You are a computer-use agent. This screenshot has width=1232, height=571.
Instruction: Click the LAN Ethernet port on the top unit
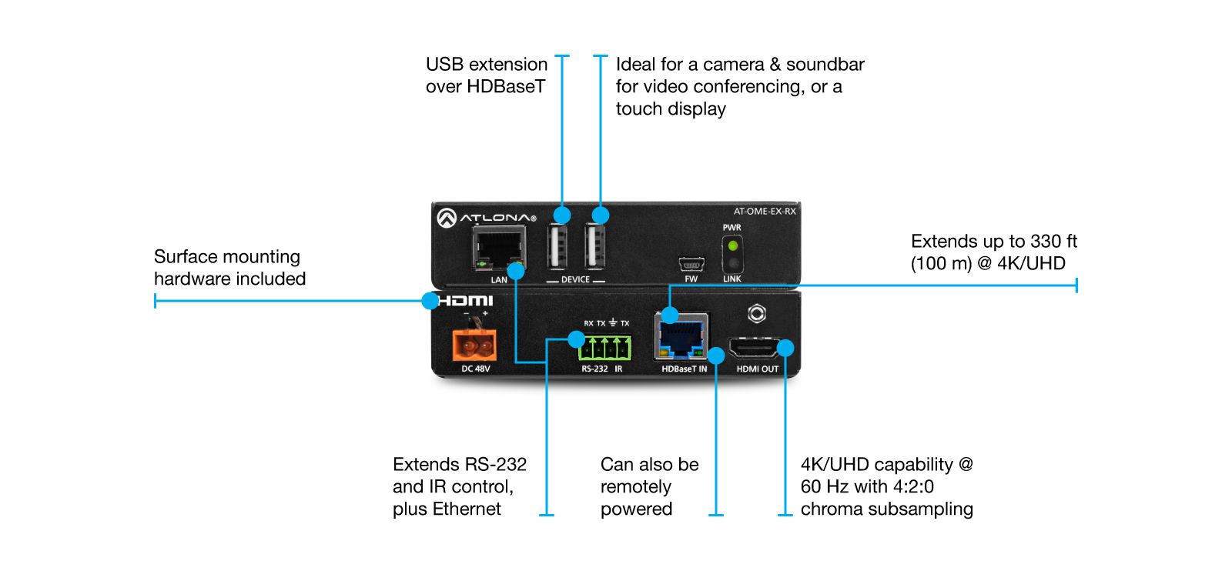[x=497, y=249]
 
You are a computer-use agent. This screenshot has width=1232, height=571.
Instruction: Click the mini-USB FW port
[x=690, y=265]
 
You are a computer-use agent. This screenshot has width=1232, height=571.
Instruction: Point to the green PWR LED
[x=732, y=246]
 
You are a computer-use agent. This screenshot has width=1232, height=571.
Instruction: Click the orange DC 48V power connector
[x=474, y=345]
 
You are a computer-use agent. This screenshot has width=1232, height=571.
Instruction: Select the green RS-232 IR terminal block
[x=605, y=348]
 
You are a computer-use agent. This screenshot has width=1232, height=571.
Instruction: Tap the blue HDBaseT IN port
[x=681, y=337]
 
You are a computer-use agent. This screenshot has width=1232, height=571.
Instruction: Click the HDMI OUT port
[x=755, y=349]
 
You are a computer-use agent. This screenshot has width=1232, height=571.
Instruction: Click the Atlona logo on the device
[x=486, y=218]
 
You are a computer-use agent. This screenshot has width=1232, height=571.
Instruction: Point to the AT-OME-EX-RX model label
[x=764, y=211]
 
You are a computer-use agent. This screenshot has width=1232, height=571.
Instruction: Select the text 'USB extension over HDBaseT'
[x=486, y=75]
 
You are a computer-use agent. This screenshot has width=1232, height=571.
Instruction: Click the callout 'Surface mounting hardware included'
[x=229, y=267]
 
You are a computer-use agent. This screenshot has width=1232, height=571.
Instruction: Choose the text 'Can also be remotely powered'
[x=648, y=486]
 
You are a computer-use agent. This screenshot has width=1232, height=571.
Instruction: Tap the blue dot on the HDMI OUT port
[x=785, y=348]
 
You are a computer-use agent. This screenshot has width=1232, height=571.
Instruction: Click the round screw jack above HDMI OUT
[x=757, y=313]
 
